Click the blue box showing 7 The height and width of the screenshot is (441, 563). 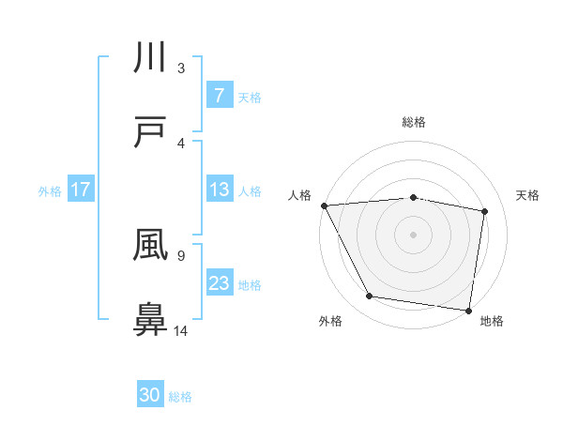tap(219, 95)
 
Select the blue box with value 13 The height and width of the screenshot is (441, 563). tap(219, 190)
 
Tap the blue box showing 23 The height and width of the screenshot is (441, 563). tap(219, 283)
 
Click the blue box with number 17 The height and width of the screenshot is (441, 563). tap(80, 190)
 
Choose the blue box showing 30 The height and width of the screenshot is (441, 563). tap(150, 395)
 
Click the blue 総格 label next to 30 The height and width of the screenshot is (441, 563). tap(180, 397)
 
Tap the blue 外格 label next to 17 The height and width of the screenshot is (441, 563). tap(49, 191)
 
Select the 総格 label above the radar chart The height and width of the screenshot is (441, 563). tap(414, 122)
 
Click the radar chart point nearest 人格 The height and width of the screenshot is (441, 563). tap(324, 205)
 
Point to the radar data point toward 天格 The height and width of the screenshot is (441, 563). tap(485, 211)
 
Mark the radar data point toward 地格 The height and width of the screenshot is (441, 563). tap(469, 310)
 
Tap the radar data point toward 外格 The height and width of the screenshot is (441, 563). tap(370, 297)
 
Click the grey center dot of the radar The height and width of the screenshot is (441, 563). tap(414, 234)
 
